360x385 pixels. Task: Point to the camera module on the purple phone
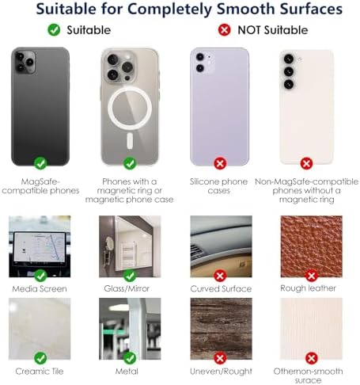pyautogui.click(x=200, y=63)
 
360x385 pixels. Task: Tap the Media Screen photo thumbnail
pyautogui.click(x=40, y=246)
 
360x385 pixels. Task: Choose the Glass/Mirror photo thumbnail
pyautogui.click(x=130, y=246)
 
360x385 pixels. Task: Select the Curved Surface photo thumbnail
pyautogui.click(x=221, y=246)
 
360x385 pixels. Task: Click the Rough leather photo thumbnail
pyautogui.click(x=311, y=246)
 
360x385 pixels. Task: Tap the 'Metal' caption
pyautogui.click(x=130, y=371)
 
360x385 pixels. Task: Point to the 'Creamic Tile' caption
pyautogui.click(x=40, y=371)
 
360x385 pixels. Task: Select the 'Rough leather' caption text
pyautogui.click(x=311, y=288)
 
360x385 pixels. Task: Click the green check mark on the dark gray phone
pyautogui.click(x=40, y=163)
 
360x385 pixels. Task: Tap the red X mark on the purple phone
pyautogui.click(x=221, y=163)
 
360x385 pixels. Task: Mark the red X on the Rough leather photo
pyautogui.click(x=311, y=276)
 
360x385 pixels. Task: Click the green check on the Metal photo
pyautogui.click(x=130, y=357)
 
